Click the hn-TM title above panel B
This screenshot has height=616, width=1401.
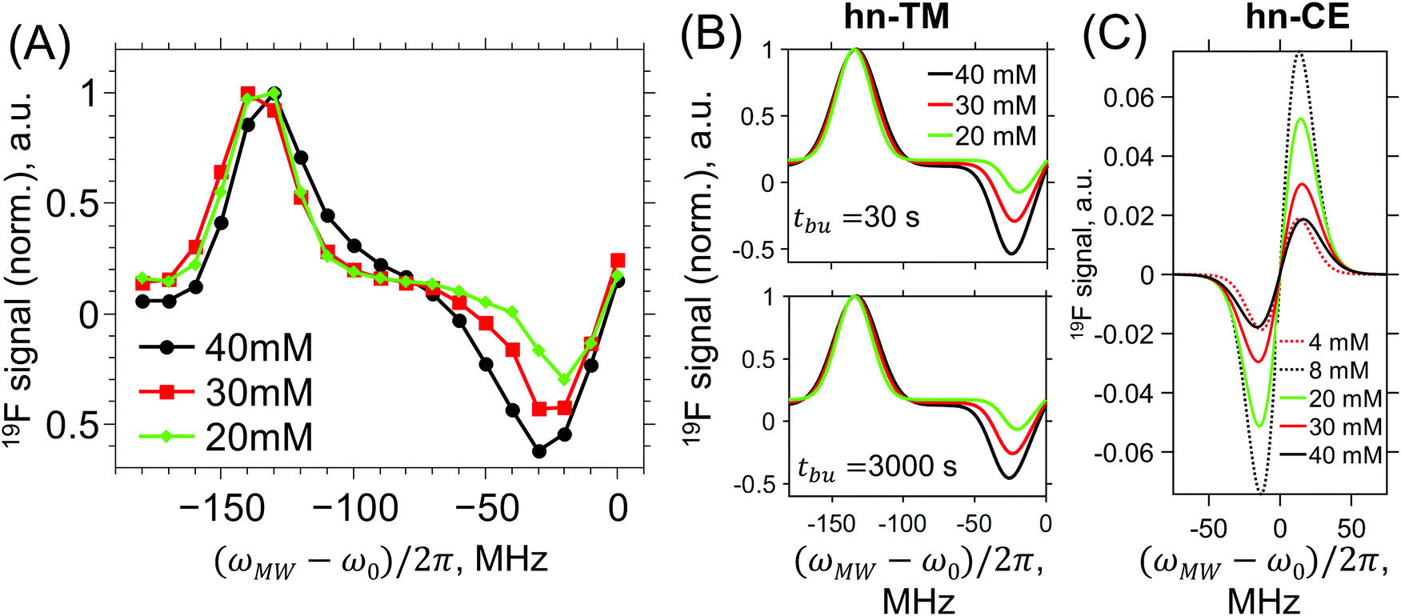click(x=896, y=16)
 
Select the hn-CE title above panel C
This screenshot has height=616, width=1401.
click(x=1297, y=16)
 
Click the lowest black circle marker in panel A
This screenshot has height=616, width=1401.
click(x=538, y=451)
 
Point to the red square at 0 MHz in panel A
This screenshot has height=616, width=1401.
click(x=617, y=261)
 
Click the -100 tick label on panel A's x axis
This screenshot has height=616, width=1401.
click(x=354, y=508)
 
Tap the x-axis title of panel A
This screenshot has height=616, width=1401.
click(x=381, y=560)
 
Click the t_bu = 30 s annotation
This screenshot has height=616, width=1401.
click(x=856, y=218)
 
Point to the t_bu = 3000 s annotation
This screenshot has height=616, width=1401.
click(x=876, y=466)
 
